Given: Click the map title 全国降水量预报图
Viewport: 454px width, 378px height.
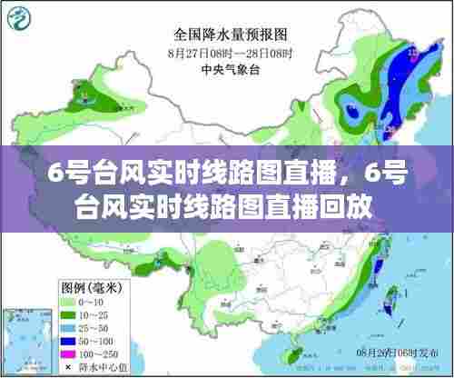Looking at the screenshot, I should click(x=231, y=35).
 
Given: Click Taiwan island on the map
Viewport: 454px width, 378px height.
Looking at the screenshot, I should click(x=393, y=300).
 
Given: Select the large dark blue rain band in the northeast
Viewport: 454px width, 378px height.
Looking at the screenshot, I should click(x=404, y=86).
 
